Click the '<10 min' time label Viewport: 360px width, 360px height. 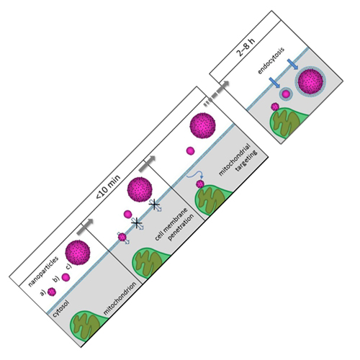pos(108,186)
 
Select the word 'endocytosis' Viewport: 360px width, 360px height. pos(271,60)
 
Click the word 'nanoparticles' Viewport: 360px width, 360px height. pos(43,271)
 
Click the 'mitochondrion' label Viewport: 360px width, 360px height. pos(120,298)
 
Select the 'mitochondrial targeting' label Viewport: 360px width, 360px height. pos(238,160)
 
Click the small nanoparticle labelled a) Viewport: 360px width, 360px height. pos(52,292)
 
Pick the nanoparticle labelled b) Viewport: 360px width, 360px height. pos(66,277)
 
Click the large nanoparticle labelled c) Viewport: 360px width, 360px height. pos(78,252)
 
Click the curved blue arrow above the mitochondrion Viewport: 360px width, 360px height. pos(195,176)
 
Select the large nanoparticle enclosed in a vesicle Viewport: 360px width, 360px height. pos(310,81)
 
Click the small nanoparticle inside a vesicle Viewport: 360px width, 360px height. pos(286,94)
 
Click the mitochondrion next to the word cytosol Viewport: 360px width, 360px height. pos(87,325)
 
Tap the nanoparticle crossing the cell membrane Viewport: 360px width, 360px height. pos(122,237)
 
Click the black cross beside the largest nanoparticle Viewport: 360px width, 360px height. pos(154,204)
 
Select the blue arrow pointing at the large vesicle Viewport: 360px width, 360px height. pos(292,64)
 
